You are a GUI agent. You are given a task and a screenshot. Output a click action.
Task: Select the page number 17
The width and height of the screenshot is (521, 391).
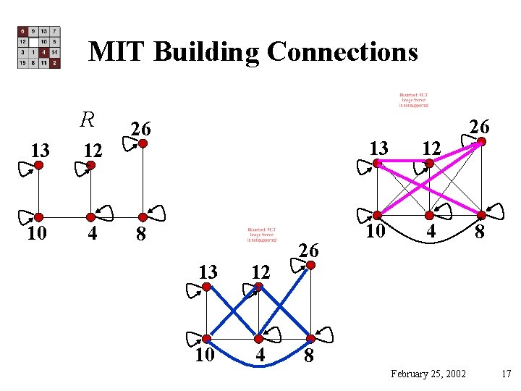[506, 374]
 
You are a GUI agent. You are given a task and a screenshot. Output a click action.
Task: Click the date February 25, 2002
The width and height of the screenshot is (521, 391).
[428, 374]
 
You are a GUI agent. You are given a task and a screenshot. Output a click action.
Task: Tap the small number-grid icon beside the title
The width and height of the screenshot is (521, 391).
[39, 48]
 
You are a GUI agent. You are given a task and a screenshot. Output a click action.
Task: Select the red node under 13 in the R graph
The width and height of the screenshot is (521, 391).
[39, 165]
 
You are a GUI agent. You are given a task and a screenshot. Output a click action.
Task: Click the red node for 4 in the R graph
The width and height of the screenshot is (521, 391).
[90, 216]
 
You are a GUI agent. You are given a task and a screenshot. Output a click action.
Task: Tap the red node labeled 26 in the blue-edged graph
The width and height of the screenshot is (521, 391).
[310, 265]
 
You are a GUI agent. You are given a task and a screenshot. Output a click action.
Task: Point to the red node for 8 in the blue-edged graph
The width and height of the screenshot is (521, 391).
[310, 338]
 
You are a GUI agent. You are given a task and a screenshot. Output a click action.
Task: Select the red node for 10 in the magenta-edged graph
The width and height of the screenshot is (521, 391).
[378, 215]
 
